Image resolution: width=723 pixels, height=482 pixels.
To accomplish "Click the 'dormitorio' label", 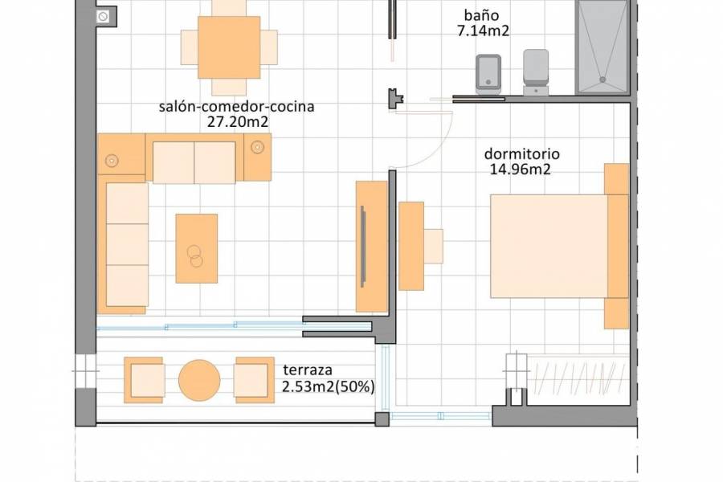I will (x=521, y=153).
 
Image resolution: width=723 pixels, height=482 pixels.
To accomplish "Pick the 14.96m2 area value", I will (x=521, y=169).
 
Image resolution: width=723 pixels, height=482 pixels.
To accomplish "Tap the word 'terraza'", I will (x=308, y=371).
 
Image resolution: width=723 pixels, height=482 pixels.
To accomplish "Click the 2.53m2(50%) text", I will (x=329, y=387).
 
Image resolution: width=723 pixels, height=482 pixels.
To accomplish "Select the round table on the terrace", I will (x=199, y=380).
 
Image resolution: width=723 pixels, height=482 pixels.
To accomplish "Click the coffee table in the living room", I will (x=197, y=248).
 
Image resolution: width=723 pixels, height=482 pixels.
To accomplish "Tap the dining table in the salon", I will (x=229, y=47).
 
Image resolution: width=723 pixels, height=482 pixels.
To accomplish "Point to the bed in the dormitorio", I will (x=554, y=246).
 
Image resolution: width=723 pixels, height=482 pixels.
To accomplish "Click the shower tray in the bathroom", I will (x=602, y=47).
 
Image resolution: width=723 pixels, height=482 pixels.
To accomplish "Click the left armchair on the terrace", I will (x=145, y=380).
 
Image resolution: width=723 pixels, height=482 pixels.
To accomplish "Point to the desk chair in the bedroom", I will (x=433, y=246).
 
